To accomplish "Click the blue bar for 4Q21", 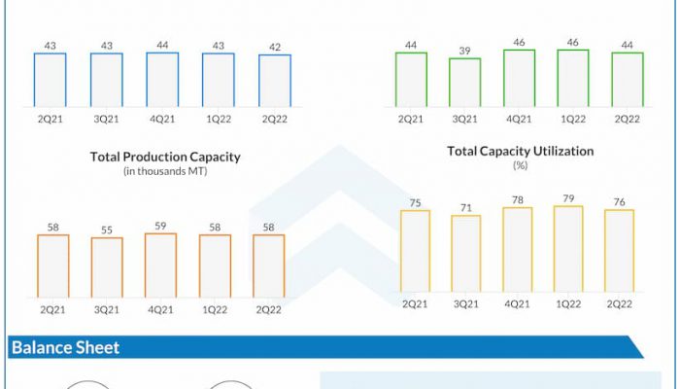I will click(162, 80).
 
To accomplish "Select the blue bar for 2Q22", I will click(274, 81).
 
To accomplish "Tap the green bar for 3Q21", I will click(464, 83).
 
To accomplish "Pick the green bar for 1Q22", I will click(573, 79).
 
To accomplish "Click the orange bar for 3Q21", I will click(107, 267).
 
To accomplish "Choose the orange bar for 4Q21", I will click(161, 265).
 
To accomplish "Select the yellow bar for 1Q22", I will click(567, 248).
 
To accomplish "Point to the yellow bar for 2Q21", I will click(415, 250).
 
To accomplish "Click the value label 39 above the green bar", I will click(464, 50).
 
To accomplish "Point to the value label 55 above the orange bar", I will click(107, 230).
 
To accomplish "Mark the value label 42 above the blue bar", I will click(274, 46).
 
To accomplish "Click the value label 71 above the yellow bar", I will click(466, 207).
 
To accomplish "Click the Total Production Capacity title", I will click(165, 157).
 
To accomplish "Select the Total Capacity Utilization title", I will click(520, 152).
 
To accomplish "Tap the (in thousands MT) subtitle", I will click(165, 171).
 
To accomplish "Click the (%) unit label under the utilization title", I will click(520, 166).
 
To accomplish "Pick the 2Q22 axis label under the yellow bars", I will click(619, 303).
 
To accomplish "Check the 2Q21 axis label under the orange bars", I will click(52, 308).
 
